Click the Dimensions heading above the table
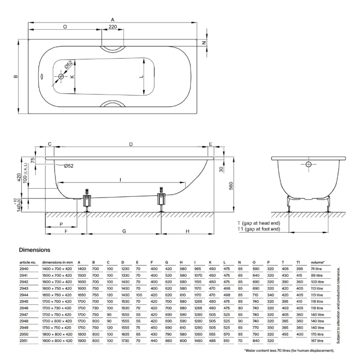[x=35, y=250]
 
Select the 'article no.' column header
[x=28, y=262]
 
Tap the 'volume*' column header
[x=318, y=262]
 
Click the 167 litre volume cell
[x=317, y=340]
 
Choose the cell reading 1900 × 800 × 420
[x=57, y=340]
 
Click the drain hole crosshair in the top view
[x=62, y=76]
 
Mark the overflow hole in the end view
[x=308, y=165]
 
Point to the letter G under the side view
[x=124, y=231]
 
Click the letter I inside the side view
[x=120, y=180]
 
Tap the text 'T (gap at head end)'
[x=258, y=223]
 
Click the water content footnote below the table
[x=289, y=350]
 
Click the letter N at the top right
[x=204, y=43]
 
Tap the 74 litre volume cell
[x=317, y=269]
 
